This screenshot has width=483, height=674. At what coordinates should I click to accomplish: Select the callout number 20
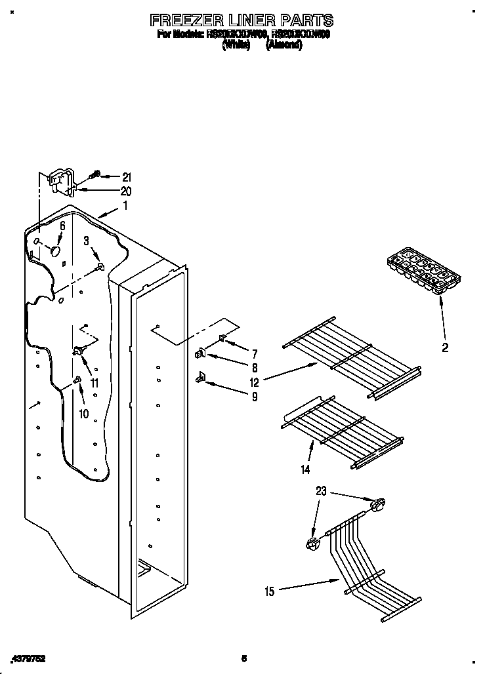[126, 191]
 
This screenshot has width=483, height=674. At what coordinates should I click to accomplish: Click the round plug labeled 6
[56, 250]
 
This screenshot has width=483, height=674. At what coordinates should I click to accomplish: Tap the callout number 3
[86, 242]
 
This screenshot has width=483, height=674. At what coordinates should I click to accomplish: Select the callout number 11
[94, 384]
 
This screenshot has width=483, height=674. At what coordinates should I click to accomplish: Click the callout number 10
[83, 414]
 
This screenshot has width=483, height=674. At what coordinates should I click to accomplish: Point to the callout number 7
[254, 353]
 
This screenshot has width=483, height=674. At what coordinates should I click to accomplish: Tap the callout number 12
[254, 382]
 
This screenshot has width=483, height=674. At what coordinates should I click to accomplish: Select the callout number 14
[305, 469]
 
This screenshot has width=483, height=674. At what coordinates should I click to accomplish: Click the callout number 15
[269, 591]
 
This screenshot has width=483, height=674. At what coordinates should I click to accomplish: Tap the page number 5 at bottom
[243, 658]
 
